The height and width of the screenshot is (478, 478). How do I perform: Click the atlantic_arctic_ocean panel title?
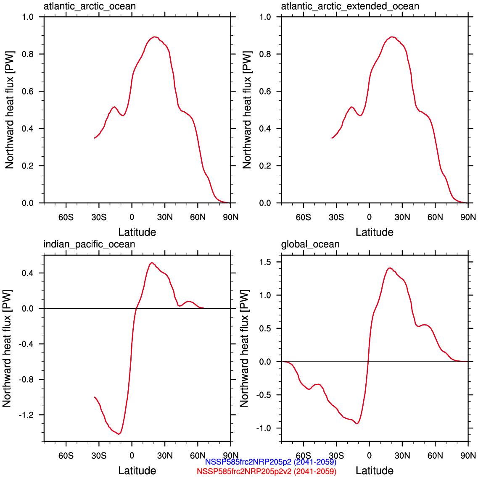tap(90, 6)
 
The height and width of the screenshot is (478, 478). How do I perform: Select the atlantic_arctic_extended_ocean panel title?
tap(350, 6)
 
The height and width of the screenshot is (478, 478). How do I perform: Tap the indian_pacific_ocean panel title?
tap(89, 244)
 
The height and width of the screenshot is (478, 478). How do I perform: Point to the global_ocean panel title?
tap(310, 244)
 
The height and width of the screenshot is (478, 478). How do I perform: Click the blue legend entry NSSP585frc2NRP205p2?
tap(270, 462)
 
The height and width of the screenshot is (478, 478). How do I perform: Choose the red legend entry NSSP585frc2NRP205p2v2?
tap(267, 471)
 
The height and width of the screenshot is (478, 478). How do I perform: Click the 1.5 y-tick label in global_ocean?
tap(265, 262)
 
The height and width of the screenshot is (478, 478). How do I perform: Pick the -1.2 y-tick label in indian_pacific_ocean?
tap(27, 415)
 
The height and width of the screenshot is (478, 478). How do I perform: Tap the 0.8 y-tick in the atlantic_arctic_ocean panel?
tap(28, 54)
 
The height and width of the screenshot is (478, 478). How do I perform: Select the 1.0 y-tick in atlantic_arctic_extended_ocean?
tap(265, 17)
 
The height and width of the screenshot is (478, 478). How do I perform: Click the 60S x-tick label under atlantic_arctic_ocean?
tap(66, 217)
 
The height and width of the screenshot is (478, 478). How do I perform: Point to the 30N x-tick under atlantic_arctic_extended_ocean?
tap(402, 217)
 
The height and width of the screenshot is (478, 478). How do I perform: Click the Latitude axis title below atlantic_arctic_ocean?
tap(137, 232)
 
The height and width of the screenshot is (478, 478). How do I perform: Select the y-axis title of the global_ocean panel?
tap(244, 348)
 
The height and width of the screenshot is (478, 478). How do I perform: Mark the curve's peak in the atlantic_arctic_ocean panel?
tap(155, 37)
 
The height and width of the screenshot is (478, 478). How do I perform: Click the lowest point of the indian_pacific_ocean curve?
tap(119, 434)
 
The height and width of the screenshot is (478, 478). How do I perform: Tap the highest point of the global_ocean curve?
tap(390, 268)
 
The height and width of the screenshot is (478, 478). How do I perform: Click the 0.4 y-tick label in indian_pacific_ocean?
tap(28, 273)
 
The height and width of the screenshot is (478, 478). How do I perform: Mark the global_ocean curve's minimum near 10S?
tap(357, 423)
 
